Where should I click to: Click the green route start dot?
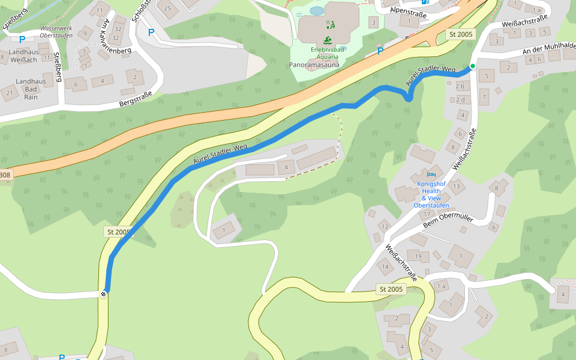[473, 66]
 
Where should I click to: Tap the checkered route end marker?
[104, 293]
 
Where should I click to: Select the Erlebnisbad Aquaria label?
[327, 53]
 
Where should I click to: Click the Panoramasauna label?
[314, 64]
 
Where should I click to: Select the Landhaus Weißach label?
[24, 56]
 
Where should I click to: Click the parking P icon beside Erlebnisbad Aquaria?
[380, 52]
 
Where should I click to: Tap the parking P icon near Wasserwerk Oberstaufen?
[22, 40]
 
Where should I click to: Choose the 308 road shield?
[5, 175]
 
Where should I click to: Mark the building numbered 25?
[167, 8]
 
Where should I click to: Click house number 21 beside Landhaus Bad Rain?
[9, 92]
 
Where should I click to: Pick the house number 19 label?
[418, 257]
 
